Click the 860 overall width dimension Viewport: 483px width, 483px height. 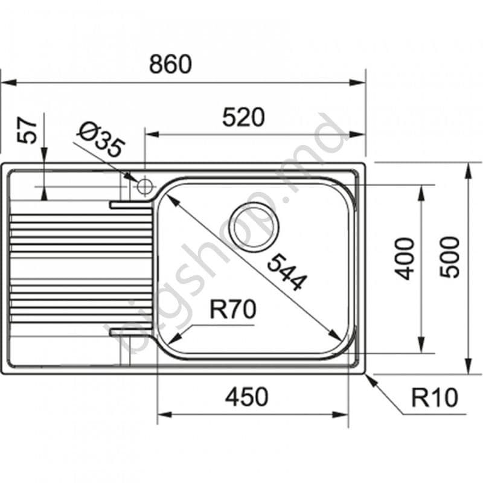coord(170,64)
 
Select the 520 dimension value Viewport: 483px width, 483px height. coord(243,117)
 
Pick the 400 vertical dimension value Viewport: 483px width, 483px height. coord(405,258)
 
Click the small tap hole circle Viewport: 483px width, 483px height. coord(145,186)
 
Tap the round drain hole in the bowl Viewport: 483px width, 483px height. coord(254,226)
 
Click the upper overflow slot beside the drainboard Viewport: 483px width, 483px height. coord(130,205)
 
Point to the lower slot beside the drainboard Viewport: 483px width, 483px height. coord(130,331)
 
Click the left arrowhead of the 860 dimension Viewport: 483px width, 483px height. coord(7,84)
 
